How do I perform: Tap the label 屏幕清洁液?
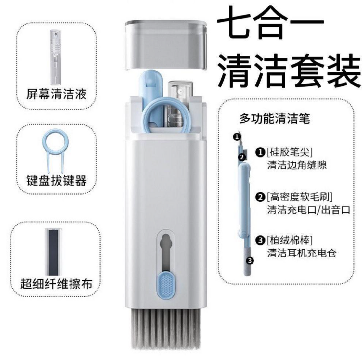pyautogui.click(x=57, y=94)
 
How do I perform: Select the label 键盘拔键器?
pyautogui.click(x=57, y=180)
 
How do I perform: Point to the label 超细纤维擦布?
pyautogui.click(x=57, y=284)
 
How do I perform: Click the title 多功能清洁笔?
pyautogui.click(x=275, y=119)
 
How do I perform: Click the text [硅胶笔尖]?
pyautogui.click(x=290, y=152)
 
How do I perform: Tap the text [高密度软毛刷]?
pyautogui.click(x=300, y=197)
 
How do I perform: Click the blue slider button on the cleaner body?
pyautogui.click(x=165, y=285)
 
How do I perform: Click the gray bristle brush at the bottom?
pyautogui.click(x=166, y=329)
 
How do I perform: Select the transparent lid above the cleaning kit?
pyautogui.click(x=166, y=45)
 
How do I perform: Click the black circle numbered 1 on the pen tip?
pyautogui.click(x=237, y=137)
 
